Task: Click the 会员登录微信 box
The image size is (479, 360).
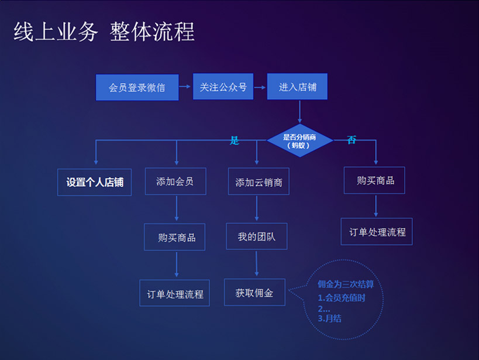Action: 137,88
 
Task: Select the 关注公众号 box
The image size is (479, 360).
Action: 223,87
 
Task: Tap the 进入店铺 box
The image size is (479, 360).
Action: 297,87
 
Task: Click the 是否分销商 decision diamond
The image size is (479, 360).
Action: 299,140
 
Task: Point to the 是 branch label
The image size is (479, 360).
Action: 235,140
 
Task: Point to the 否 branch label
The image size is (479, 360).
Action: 351,140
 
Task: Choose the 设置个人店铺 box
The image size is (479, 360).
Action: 95,182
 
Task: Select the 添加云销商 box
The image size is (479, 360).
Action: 259,182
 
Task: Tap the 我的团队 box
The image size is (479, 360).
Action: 256,236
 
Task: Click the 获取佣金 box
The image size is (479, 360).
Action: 254,292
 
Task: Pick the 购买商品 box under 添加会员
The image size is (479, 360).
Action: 175,237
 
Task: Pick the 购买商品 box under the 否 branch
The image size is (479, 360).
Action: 375,180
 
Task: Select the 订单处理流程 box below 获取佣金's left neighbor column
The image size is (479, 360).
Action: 175,294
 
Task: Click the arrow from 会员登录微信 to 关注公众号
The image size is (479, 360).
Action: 185,87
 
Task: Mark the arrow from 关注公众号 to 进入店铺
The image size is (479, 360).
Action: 260,87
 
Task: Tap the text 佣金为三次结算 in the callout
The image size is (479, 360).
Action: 346,284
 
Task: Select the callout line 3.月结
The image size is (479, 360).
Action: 330,318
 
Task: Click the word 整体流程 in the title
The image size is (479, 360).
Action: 152,32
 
